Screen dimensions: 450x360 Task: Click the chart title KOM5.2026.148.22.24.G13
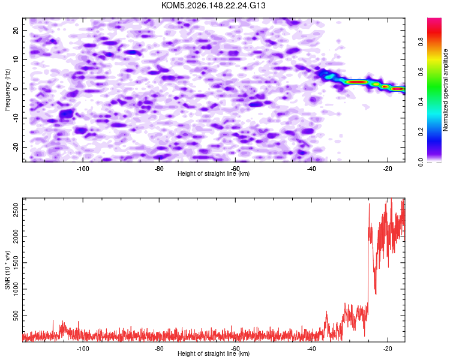click(213, 5)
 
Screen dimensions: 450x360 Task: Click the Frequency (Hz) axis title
click(7, 89)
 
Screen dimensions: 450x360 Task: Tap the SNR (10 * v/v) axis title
click(7, 270)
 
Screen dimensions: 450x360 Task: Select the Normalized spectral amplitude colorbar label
click(445, 90)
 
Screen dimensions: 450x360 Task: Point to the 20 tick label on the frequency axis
click(16, 30)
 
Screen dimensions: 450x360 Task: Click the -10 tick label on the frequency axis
click(16, 118)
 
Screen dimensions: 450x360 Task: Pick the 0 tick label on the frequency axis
click(16, 89)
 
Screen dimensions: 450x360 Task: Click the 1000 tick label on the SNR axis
click(16, 289)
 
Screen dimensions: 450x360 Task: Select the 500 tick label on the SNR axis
click(16, 316)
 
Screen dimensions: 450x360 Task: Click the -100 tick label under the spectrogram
click(83, 169)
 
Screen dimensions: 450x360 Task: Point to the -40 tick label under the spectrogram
click(311, 169)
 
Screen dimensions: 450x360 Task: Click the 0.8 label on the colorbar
click(421, 42)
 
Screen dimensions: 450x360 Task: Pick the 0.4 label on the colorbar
click(421, 101)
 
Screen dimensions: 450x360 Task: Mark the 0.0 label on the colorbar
click(421, 162)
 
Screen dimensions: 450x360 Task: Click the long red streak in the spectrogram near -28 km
click(356, 82)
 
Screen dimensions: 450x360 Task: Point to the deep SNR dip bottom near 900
click(376, 293)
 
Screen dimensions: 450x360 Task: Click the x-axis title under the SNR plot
click(214, 353)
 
